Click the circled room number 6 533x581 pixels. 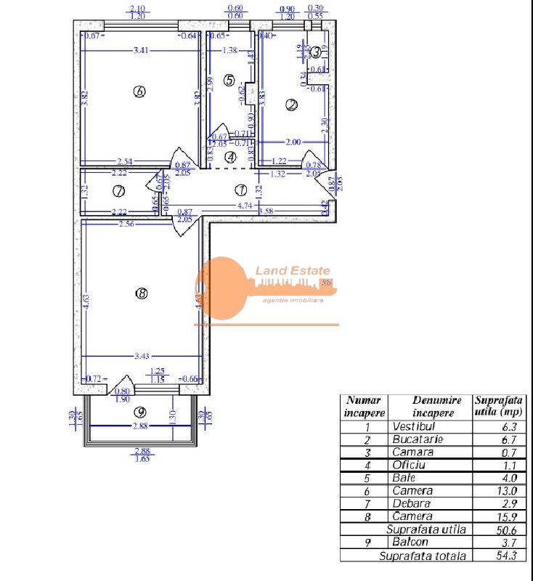(140, 92)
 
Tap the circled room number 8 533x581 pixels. (142, 293)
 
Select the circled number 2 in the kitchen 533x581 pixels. (292, 105)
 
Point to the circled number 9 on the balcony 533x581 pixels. (141, 412)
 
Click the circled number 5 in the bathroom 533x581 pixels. (229, 81)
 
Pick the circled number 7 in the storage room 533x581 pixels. (119, 191)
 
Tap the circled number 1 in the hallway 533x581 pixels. (241, 190)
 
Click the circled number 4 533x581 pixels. (230, 155)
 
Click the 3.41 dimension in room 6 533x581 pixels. (142, 50)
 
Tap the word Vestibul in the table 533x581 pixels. (413, 426)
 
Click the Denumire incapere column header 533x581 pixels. (428, 406)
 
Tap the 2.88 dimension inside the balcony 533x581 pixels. (140, 426)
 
